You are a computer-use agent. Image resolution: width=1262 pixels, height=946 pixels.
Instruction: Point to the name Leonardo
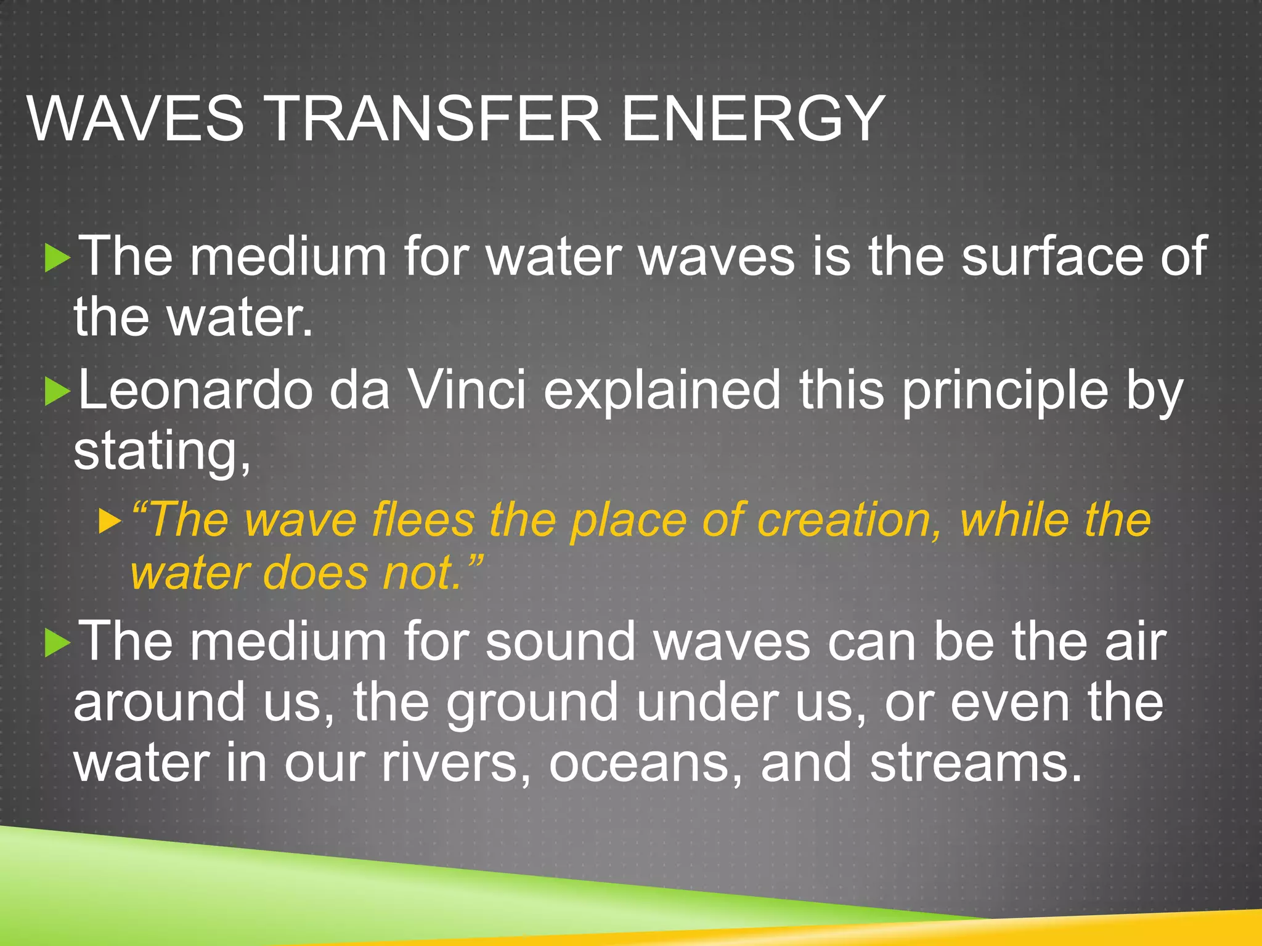point(196,390)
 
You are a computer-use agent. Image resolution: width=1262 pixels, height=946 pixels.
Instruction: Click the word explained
point(662,390)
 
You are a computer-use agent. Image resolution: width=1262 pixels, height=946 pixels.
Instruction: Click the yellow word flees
point(423,520)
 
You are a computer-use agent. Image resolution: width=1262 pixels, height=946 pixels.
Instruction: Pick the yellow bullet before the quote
point(110,522)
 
